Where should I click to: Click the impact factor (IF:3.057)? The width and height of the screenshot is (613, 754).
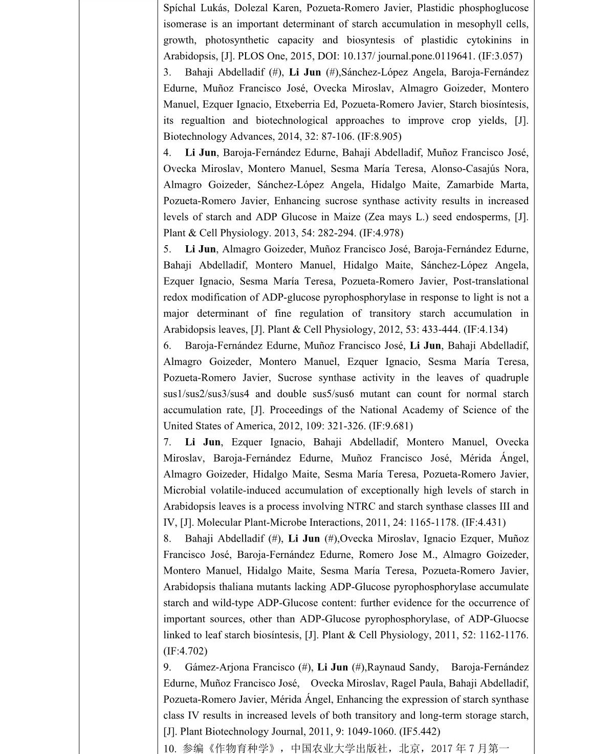click(x=500, y=56)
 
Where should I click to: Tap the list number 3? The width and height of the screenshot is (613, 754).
click(x=167, y=72)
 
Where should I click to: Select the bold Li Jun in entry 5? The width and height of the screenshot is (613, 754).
click(x=201, y=249)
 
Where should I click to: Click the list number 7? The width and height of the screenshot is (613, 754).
click(x=167, y=442)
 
